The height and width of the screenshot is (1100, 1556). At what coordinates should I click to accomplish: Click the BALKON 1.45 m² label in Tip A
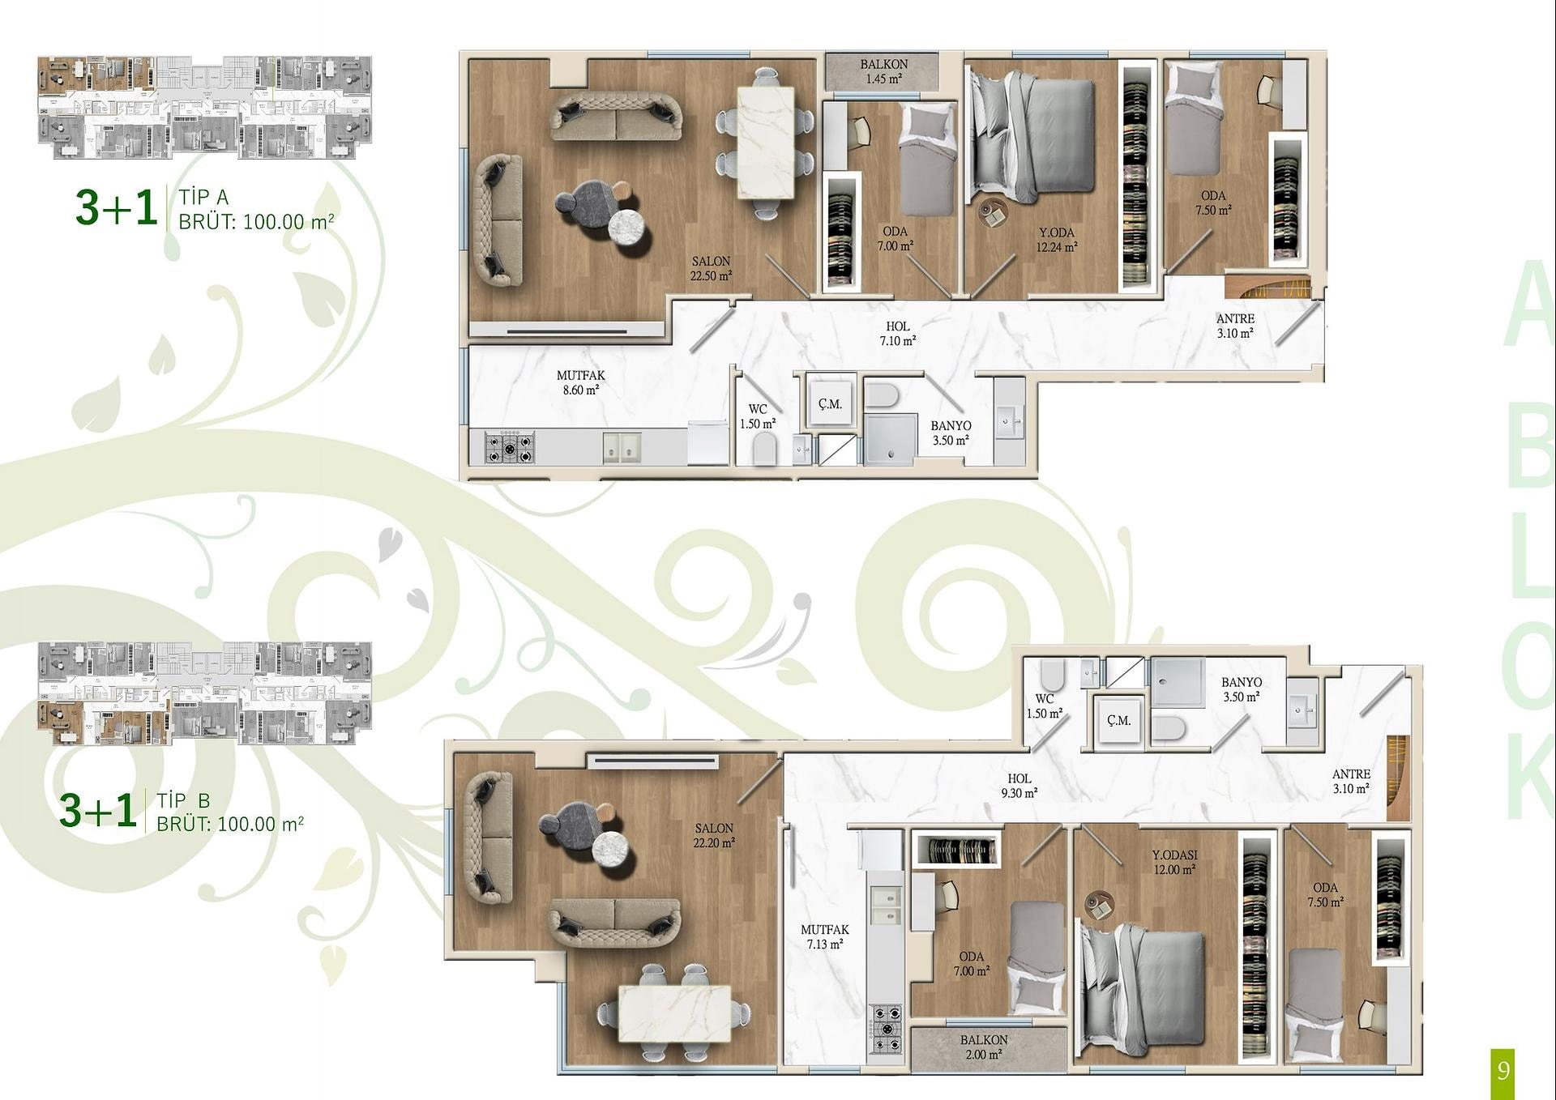883,71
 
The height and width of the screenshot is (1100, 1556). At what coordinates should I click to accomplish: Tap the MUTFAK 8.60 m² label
580,382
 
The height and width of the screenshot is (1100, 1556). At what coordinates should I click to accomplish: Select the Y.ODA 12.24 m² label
1056,240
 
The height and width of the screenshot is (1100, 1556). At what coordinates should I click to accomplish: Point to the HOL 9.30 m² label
1019,786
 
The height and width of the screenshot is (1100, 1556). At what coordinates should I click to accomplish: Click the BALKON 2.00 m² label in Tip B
984,1047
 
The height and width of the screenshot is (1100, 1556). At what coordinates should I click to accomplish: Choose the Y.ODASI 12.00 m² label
1174,862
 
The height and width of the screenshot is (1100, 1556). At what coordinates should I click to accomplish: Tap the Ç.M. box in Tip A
830,403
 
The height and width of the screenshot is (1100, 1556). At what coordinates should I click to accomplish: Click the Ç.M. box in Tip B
1118,720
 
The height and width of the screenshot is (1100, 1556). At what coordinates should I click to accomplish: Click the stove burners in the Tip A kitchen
509,447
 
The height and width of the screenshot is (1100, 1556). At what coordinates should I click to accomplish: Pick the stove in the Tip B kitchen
886,1029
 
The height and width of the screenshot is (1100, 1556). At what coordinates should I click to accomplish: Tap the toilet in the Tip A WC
764,449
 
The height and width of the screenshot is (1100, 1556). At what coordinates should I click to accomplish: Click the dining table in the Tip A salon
765,143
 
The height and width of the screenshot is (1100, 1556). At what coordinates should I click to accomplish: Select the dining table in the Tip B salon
674,1013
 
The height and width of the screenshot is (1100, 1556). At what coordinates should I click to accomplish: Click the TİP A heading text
203,197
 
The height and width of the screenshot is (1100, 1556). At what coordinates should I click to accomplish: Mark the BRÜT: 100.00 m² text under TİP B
230,824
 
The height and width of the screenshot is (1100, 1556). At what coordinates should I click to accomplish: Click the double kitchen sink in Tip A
622,448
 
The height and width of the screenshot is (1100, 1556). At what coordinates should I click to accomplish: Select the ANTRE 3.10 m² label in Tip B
1351,781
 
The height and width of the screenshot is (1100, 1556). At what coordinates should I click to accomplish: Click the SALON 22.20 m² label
713,835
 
